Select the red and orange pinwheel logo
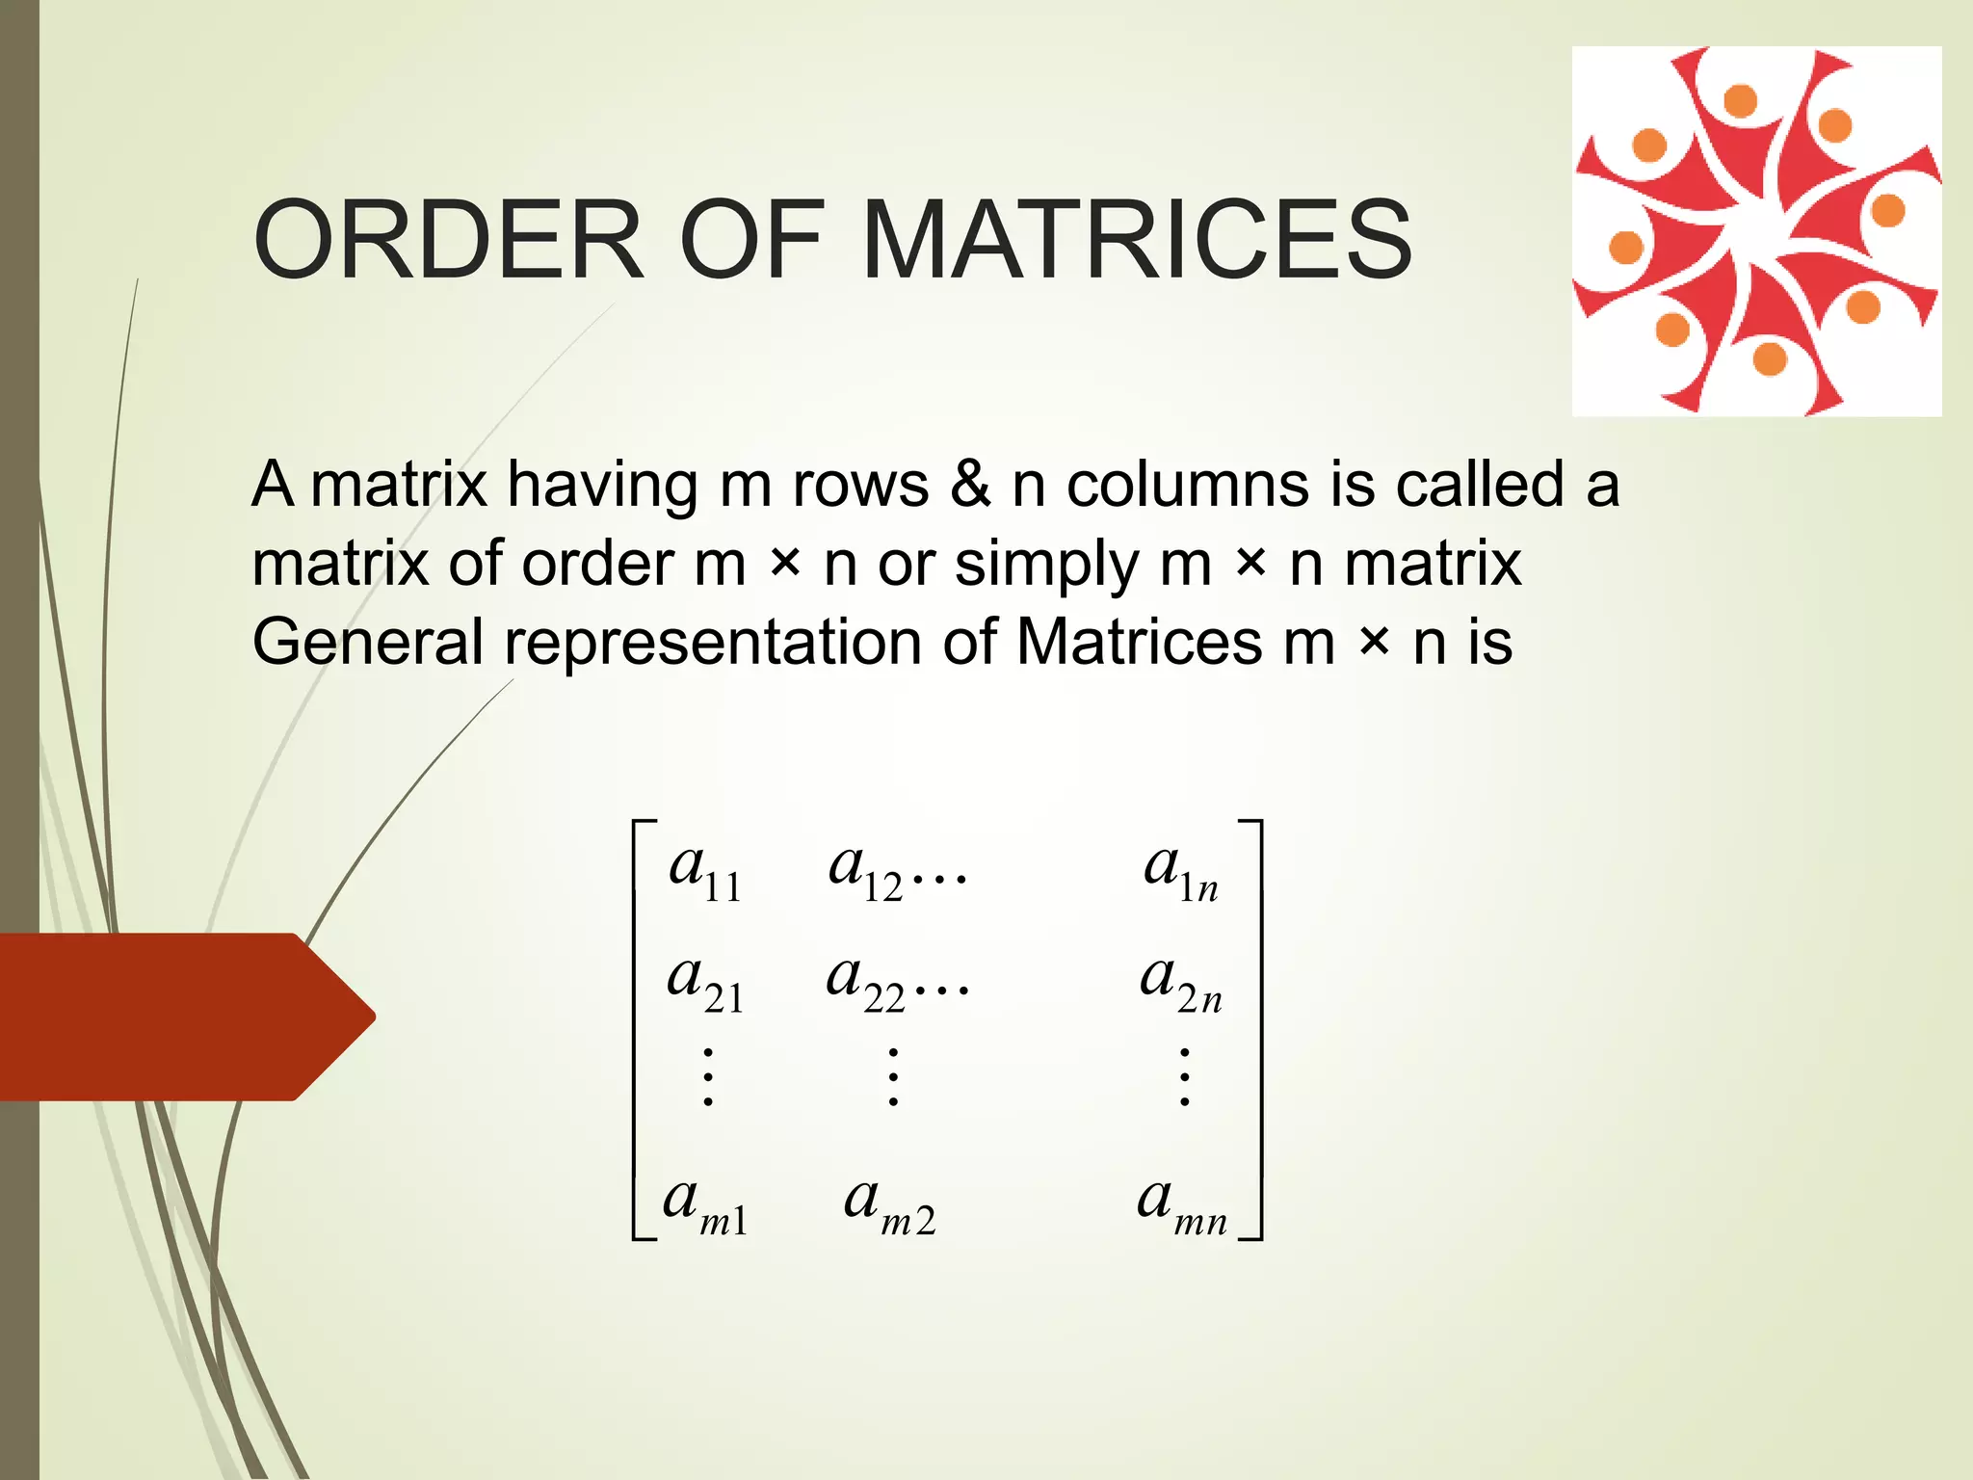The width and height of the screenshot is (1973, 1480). [x=1756, y=231]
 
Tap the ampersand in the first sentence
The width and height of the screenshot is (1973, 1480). [x=969, y=484]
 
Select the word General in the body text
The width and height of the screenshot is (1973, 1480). [x=367, y=643]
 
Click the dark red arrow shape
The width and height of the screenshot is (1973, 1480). [x=183, y=1017]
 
